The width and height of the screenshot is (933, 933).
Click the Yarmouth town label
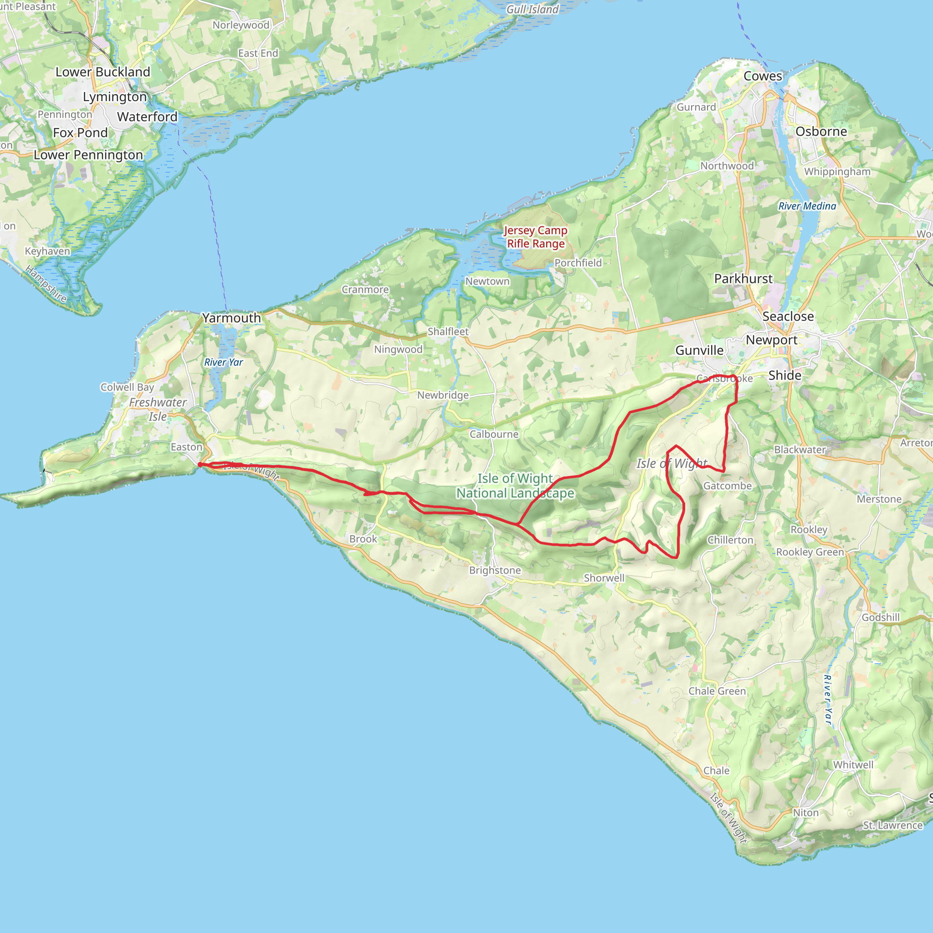click(x=231, y=318)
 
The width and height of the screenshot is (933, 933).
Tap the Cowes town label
click(x=763, y=76)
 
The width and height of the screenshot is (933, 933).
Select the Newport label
click(x=771, y=339)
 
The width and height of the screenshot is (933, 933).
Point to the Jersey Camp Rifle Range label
click(x=536, y=237)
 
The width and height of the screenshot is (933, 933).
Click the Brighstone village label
click(x=495, y=570)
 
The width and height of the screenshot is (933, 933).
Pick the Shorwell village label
click(x=604, y=578)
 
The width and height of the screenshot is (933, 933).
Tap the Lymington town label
click(x=114, y=97)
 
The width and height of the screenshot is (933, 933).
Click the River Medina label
click(x=807, y=206)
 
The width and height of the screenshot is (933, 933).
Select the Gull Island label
click(x=532, y=9)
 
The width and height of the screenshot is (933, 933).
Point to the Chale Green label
click(x=717, y=691)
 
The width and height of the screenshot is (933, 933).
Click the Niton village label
click(x=805, y=813)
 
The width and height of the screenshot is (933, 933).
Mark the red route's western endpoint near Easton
click(x=200, y=465)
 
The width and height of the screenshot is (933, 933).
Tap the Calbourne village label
click(x=494, y=434)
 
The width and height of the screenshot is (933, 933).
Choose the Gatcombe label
click(x=727, y=486)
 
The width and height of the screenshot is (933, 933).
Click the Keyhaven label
click(x=47, y=251)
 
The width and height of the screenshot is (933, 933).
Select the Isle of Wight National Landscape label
click(x=515, y=486)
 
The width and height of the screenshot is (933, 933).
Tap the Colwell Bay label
click(x=127, y=387)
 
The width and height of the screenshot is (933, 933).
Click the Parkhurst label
click(x=743, y=279)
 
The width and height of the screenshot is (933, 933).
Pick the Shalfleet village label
click(x=448, y=331)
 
